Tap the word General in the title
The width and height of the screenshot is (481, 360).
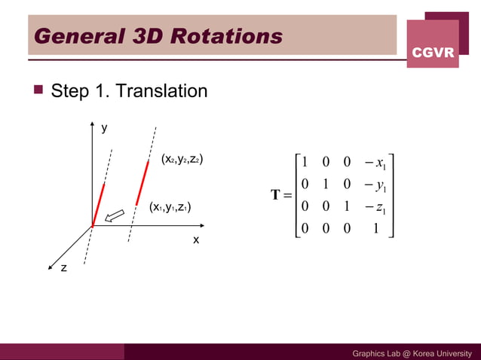point(71,35)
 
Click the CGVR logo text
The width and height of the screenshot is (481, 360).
point(433,52)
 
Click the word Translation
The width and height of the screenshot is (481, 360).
point(161,92)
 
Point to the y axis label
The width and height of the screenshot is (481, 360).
point(105,129)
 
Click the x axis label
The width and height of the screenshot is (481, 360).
point(196,239)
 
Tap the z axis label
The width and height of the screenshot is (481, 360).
point(63,267)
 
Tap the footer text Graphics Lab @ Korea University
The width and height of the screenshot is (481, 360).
point(412,353)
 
